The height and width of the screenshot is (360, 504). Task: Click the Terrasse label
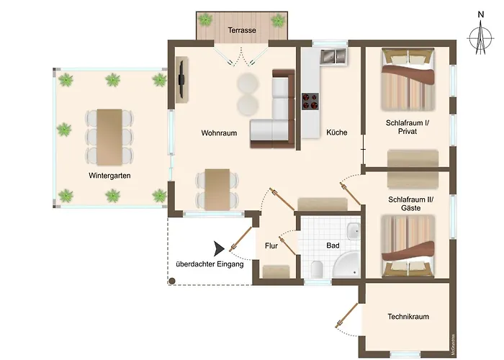tap(242, 30)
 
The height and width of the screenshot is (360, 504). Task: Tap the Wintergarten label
tap(109, 176)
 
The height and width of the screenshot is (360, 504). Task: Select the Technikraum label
tap(408, 317)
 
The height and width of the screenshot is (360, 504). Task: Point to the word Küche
tap(336, 132)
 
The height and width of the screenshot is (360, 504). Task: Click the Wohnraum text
tap(219, 132)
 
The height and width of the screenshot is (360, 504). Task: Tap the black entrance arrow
tap(219, 248)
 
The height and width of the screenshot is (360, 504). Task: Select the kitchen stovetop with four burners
tap(310, 102)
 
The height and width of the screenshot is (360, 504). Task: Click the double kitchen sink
tap(333, 56)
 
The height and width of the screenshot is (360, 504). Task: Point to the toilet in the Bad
tap(317, 269)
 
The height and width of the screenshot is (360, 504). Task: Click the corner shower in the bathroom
tap(346, 265)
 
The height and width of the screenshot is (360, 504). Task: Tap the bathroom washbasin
tap(354, 231)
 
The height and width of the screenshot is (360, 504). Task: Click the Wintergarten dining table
tap(109, 138)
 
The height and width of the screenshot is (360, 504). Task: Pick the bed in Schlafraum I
tap(408, 79)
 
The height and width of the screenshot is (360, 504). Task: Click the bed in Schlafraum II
tap(408, 246)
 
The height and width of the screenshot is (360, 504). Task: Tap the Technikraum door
tap(346, 315)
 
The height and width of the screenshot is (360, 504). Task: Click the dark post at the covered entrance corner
tap(172, 282)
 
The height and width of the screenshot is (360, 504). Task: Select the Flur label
tap(271, 246)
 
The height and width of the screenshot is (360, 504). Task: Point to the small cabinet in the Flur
tap(276, 271)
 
